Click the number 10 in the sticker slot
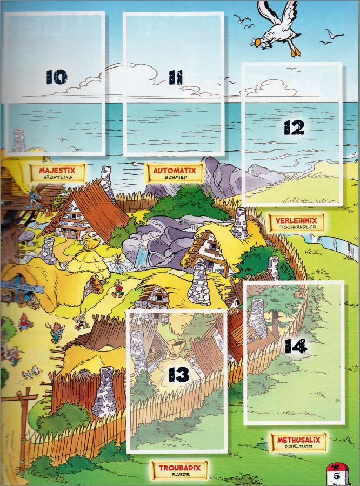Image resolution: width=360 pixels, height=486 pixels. (x=56, y=77)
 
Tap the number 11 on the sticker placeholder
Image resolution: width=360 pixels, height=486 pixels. (x=176, y=77)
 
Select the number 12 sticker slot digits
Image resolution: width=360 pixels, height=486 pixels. (x=294, y=127)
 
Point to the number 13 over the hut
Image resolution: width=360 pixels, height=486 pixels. (x=179, y=375)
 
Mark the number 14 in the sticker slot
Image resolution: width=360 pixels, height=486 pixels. (x=296, y=346)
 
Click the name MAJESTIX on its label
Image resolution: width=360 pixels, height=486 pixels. (x=57, y=170)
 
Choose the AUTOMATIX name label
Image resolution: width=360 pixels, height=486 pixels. (x=175, y=171)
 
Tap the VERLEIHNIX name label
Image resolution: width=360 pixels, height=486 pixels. (x=296, y=220)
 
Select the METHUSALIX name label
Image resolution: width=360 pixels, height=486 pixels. (x=298, y=440)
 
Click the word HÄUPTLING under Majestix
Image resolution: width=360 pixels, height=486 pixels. (x=57, y=177)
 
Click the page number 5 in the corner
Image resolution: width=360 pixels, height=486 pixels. (x=337, y=475)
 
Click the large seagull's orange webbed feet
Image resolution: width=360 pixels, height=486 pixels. (x=296, y=51)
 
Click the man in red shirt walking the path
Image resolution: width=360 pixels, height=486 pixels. (x=118, y=288)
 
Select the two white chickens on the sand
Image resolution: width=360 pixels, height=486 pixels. (x=31, y=372)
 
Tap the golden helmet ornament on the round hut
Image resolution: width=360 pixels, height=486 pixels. (x=89, y=244)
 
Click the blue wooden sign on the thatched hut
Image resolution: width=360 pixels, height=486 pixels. (x=22, y=287)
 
